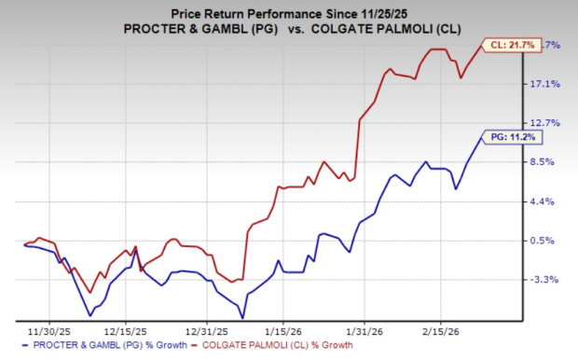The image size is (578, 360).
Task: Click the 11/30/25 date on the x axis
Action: point(44,329)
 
